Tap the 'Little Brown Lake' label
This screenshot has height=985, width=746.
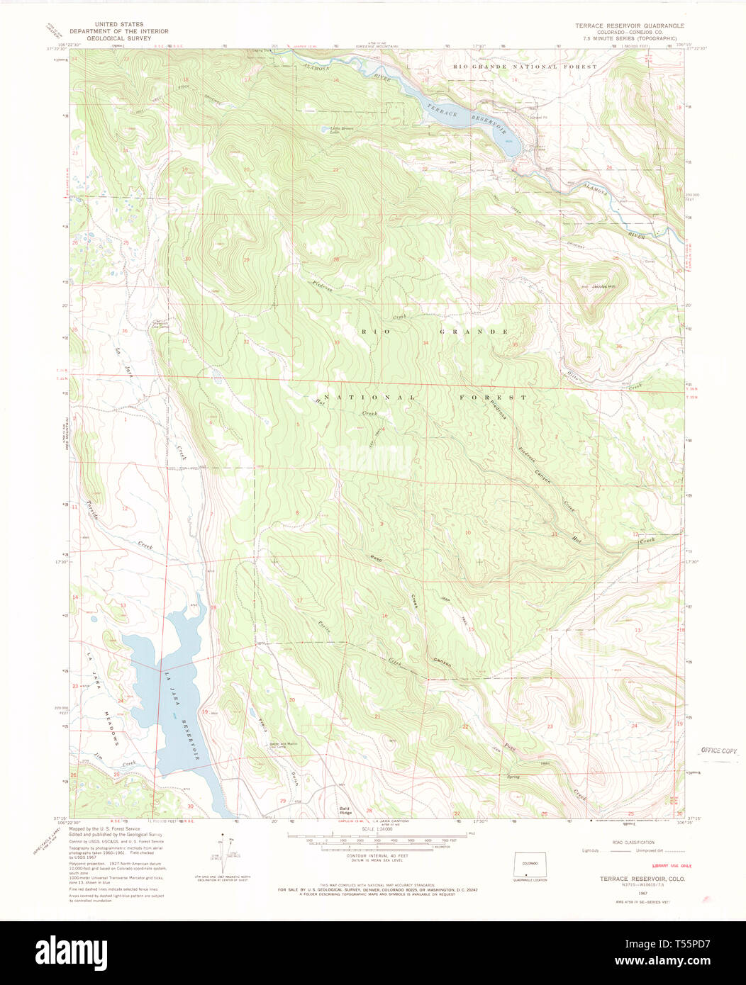331,130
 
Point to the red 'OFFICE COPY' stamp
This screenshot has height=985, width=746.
719,750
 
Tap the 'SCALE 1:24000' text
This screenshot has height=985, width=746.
377,829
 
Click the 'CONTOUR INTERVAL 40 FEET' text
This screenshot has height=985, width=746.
377,856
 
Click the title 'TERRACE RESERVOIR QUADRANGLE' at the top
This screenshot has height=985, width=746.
630,25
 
